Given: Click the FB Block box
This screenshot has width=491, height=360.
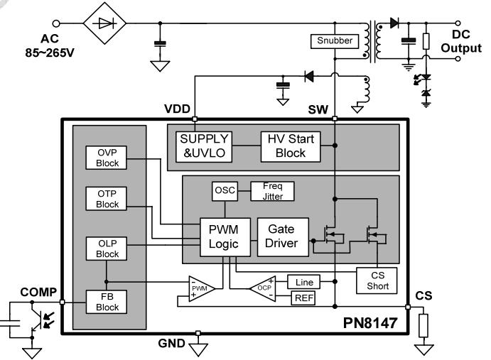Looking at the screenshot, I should click(x=107, y=301).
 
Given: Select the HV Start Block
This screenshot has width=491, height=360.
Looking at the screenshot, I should click(x=291, y=146).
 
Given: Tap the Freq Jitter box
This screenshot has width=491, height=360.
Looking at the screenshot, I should click(x=272, y=190).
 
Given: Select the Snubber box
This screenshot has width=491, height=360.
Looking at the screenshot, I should click(x=334, y=41).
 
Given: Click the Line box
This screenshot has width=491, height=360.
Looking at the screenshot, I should click(x=303, y=281).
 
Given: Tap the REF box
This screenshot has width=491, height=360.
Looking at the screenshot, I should click(x=303, y=298).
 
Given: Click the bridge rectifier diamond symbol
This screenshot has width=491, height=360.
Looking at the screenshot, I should click(x=105, y=23).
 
